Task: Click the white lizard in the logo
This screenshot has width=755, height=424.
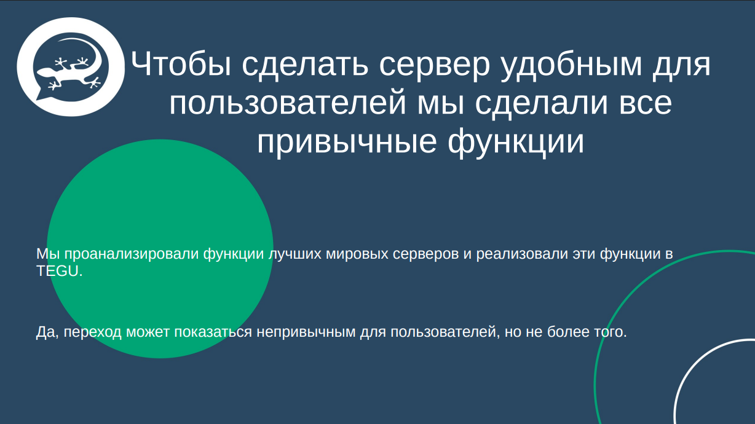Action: (68, 71)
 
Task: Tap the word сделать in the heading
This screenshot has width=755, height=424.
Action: (298, 64)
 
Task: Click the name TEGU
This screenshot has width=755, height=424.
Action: (58, 271)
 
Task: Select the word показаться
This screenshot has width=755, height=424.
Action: (213, 332)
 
